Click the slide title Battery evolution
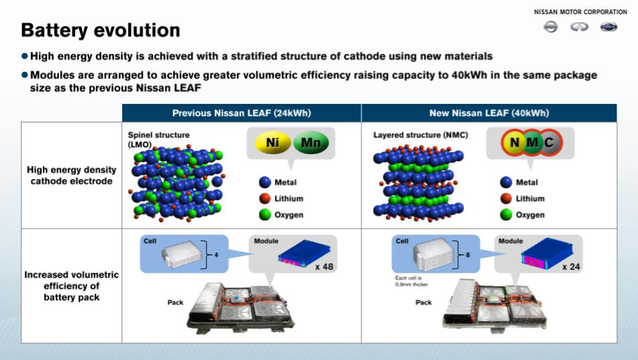pyautogui.click(x=101, y=30)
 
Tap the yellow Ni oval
pyautogui.click(x=272, y=143)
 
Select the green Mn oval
pyautogui.click(x=311, y=143)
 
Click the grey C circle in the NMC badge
pyautogui.click(x=549, y=143)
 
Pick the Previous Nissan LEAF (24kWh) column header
pyautogui.click(x=242, y=113)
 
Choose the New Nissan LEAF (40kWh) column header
pyautogui.click(x=489, y=113)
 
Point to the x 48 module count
pyautogui.click(x=324, y=267)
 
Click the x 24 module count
pyautogui.click(x=572, y=267)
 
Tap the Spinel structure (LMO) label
pyautogui.click(x=159, y=139)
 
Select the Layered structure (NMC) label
pyautogui.click(x=421, y=135)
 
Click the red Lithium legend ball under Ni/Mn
pyautogui.click(x=265, y=198)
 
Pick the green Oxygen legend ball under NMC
pyautogui.click(x=506, y=215)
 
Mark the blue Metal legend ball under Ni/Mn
pyautogui.click(x=265, y=182)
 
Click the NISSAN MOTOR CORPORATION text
pyautogui.click(x=580, y=12)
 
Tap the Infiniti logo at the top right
pyautogui.click(x=580, y=27)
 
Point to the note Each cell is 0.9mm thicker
pyautogui.click(x=411, y=281)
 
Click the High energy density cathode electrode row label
pyautogui.click(x=72, y=176)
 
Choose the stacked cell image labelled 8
pyautogui.click(x=434, y=254)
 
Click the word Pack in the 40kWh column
pyautogui.click(x=423, y=302)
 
